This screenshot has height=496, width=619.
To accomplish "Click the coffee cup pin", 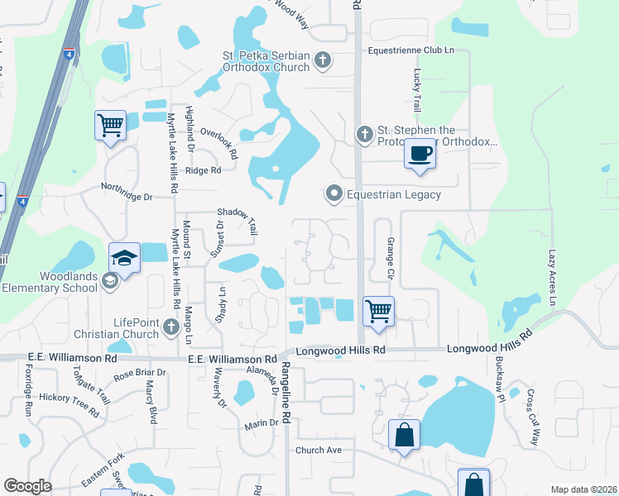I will click(x=420, y=155).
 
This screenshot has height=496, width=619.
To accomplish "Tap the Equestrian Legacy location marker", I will click(x=333, y=194).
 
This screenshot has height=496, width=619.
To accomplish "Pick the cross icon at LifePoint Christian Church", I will click(x=171, y=327).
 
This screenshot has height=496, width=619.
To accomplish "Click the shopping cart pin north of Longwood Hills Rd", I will click(x=377, y=312).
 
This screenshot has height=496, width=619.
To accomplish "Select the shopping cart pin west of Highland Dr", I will click(x=109, y=126).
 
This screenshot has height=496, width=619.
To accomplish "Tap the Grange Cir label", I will click(x=391, y=259).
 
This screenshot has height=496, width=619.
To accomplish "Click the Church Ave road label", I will click(x=319, y=451).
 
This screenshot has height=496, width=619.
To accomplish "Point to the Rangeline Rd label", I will click(x=284, y=394).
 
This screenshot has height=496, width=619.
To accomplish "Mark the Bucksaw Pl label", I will click(x=499, y=382).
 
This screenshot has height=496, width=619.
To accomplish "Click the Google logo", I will click(x=28, y=486).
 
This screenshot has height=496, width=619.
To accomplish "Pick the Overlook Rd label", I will click(x=219, y=142).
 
